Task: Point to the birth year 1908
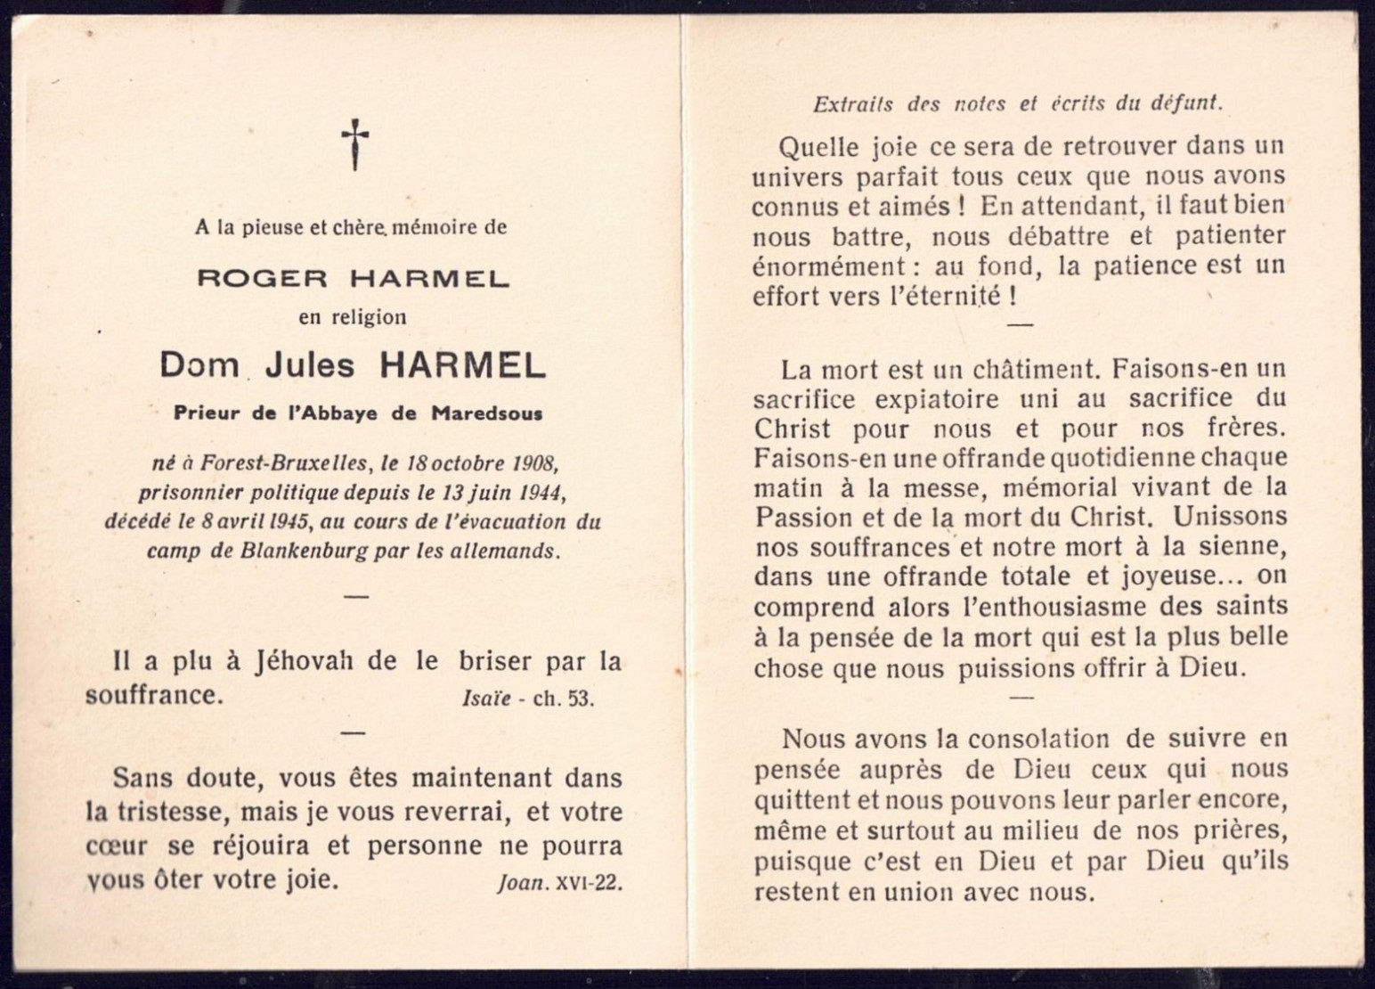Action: tap(534, 464)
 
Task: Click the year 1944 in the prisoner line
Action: tap(537, 493)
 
